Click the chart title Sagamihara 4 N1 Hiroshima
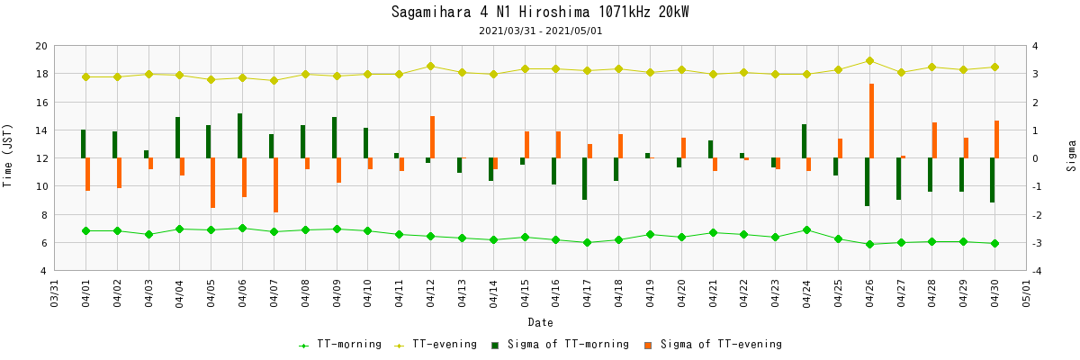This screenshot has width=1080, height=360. pos(540,12)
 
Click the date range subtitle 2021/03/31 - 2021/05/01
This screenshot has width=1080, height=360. pos(540,31)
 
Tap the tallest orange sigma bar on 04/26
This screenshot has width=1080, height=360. pos(871,121)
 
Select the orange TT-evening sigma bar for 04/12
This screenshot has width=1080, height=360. pos(432,137)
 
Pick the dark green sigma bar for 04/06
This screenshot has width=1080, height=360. pos(239,136)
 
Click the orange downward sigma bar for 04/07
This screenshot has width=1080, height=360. pos(275,185)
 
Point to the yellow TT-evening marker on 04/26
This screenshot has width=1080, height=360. pos(869,61)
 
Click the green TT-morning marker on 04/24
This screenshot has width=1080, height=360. pos(806,230)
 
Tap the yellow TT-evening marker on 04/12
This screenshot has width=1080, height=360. pos(430,66)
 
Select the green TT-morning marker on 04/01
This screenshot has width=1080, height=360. pos(85,231)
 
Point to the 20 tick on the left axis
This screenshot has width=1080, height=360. pos(41,46)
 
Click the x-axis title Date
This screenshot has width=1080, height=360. pos(540,322)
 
